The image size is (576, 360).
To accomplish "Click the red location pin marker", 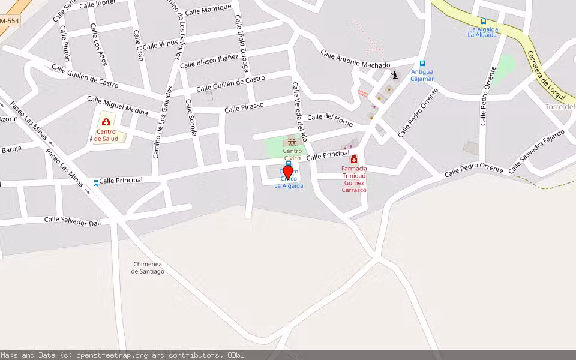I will pyautogui.click(x=287, y=173).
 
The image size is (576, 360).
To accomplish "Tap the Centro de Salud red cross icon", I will pyautogui.click(x=106, y=122).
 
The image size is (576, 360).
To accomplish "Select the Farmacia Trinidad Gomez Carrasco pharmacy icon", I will pyautogui.click(x=354, y=160).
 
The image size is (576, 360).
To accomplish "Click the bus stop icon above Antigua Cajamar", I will pyautogui.click(x=422, y=64).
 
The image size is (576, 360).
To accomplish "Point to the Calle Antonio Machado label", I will pyautogui.click(x=355, y=59).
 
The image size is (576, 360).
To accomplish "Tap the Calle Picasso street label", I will pyautogui.click(x=244, y=108).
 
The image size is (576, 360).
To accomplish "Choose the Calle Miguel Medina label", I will pyautogui.click(x=118, y=103).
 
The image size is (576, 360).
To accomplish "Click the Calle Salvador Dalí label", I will pyautogui.click(x=73, y=220).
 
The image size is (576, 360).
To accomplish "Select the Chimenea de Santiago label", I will pyautogui.click(x=148, y=268).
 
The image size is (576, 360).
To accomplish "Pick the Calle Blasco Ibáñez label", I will pyautogui.click(x=209, y=62).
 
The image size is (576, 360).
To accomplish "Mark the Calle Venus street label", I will pyautogui.click(x=160, y=44).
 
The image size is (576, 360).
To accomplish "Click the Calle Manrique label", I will pyautogui.click(x=208, y=10).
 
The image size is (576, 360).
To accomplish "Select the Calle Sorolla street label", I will pyautogui.click(x=191, y=118).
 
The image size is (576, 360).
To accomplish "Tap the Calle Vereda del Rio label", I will pyautogui.click(x=299, y=110).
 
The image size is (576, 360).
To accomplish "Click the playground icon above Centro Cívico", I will pyautogui.click(x=292, y=142).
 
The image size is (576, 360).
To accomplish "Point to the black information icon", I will pyautogui.click(x=394, y=74).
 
